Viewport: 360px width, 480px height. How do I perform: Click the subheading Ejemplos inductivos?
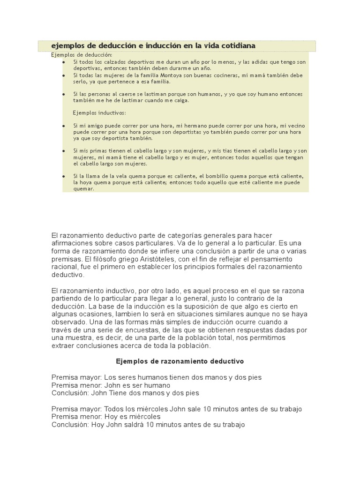pos(99,113)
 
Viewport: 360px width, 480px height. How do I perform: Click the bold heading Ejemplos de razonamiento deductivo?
pos(180,361)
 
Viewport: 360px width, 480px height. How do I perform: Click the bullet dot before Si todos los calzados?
pos(64,62)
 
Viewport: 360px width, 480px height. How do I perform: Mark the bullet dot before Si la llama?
pos(64,176)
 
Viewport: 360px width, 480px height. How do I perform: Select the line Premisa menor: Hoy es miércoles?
pos(106,417)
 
